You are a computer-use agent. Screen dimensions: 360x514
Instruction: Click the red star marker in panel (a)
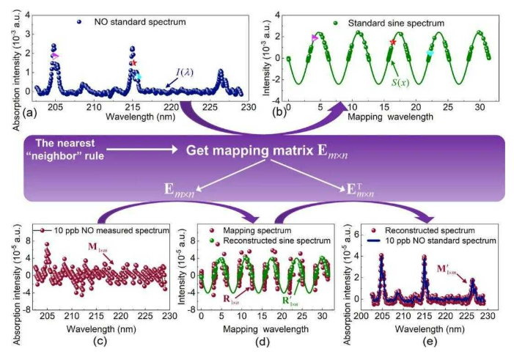pos(133,64)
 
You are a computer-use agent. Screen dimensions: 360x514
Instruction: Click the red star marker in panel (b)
pos(393,42)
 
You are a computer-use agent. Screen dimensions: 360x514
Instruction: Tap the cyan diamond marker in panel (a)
pos(138,76)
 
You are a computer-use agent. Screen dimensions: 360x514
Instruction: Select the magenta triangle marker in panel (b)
pos(315,38)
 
